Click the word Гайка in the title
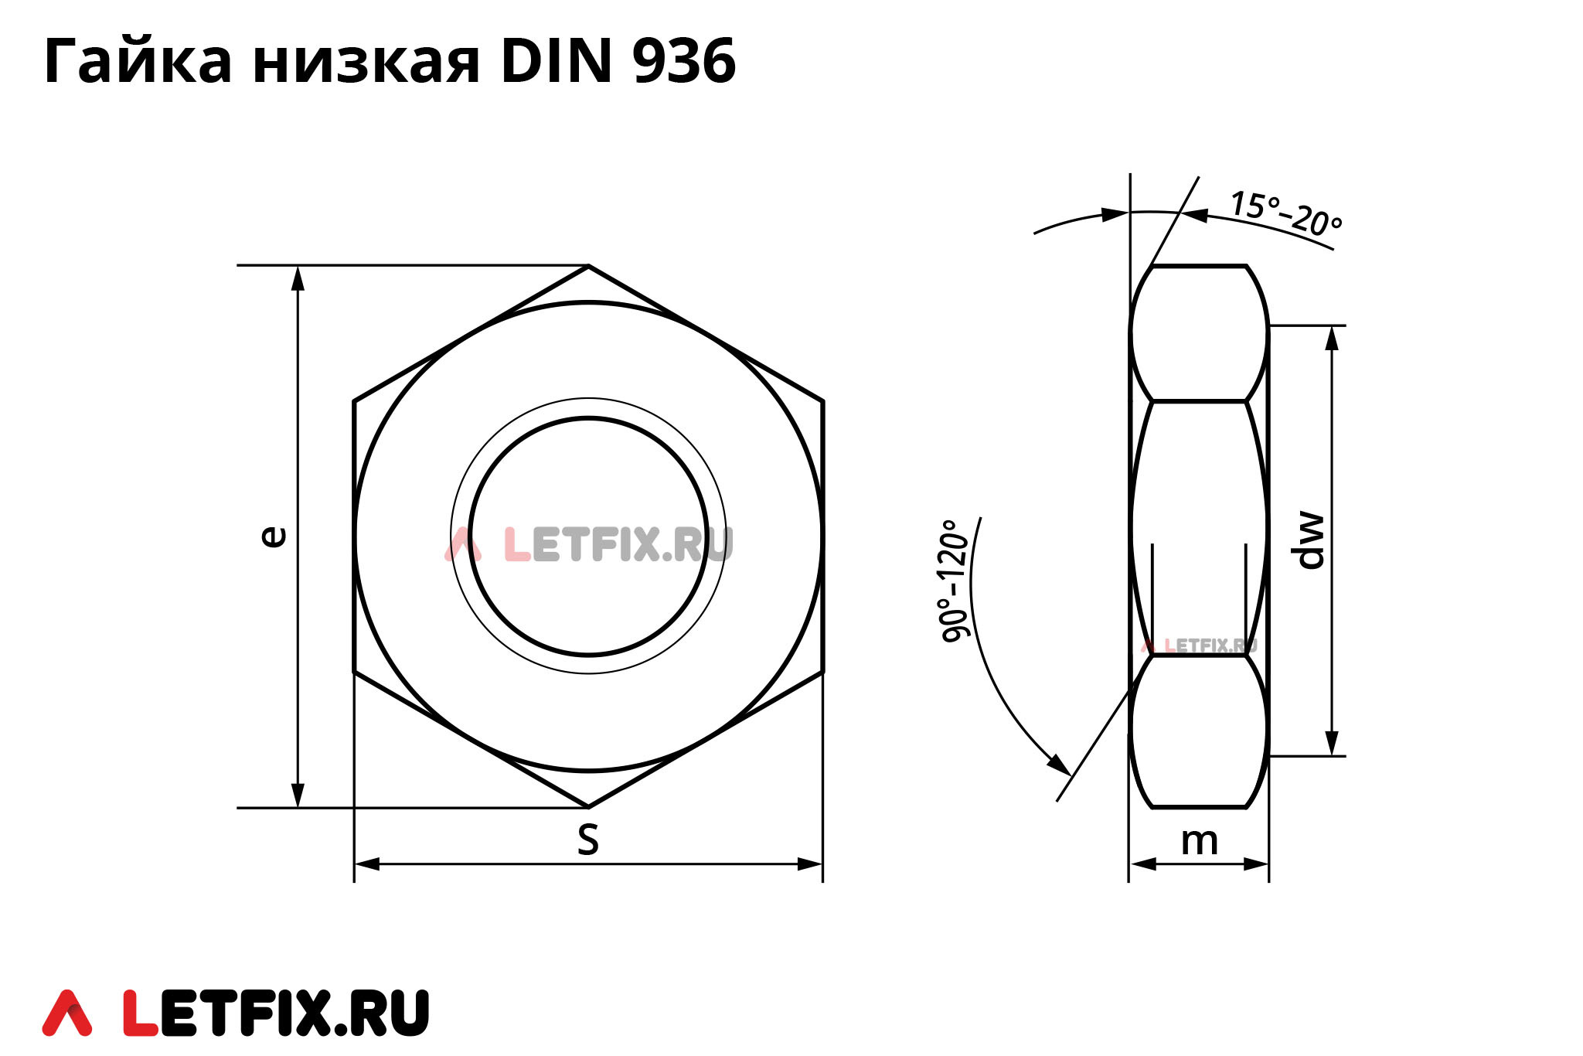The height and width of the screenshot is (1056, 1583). [138, 62]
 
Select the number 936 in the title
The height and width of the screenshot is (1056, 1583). [683, 62]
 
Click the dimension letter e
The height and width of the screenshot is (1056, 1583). [272, 537]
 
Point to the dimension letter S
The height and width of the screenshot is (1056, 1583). [588, 840]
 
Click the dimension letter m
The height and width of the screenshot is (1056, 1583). [1199, 841]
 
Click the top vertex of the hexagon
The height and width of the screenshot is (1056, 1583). [589, 266]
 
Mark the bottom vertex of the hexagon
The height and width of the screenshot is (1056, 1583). [589, 807]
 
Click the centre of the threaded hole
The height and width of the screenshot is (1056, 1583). [589, 537]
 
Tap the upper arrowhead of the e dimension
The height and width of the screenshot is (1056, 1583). [298, 278]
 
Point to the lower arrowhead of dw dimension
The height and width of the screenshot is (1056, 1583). [1332, 744]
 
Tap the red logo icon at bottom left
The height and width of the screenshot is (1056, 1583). [67, 1013]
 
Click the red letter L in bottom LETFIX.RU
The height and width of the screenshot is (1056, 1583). [141, 1013]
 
